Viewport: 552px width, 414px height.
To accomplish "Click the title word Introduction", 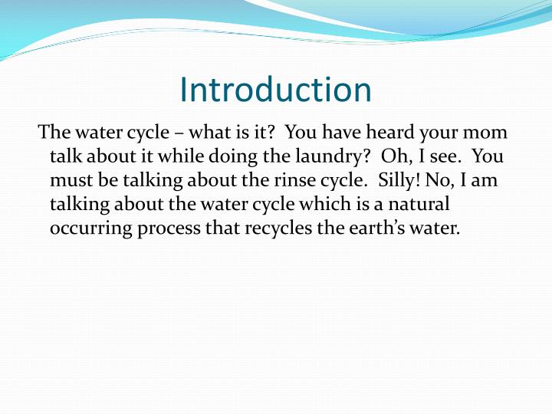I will pyautogui.click(x=275, y=90).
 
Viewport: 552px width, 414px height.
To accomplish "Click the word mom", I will pyautogui.click(x=488, y=132).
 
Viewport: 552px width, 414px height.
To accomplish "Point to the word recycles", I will pyautogui.click(x=274, y=230).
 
